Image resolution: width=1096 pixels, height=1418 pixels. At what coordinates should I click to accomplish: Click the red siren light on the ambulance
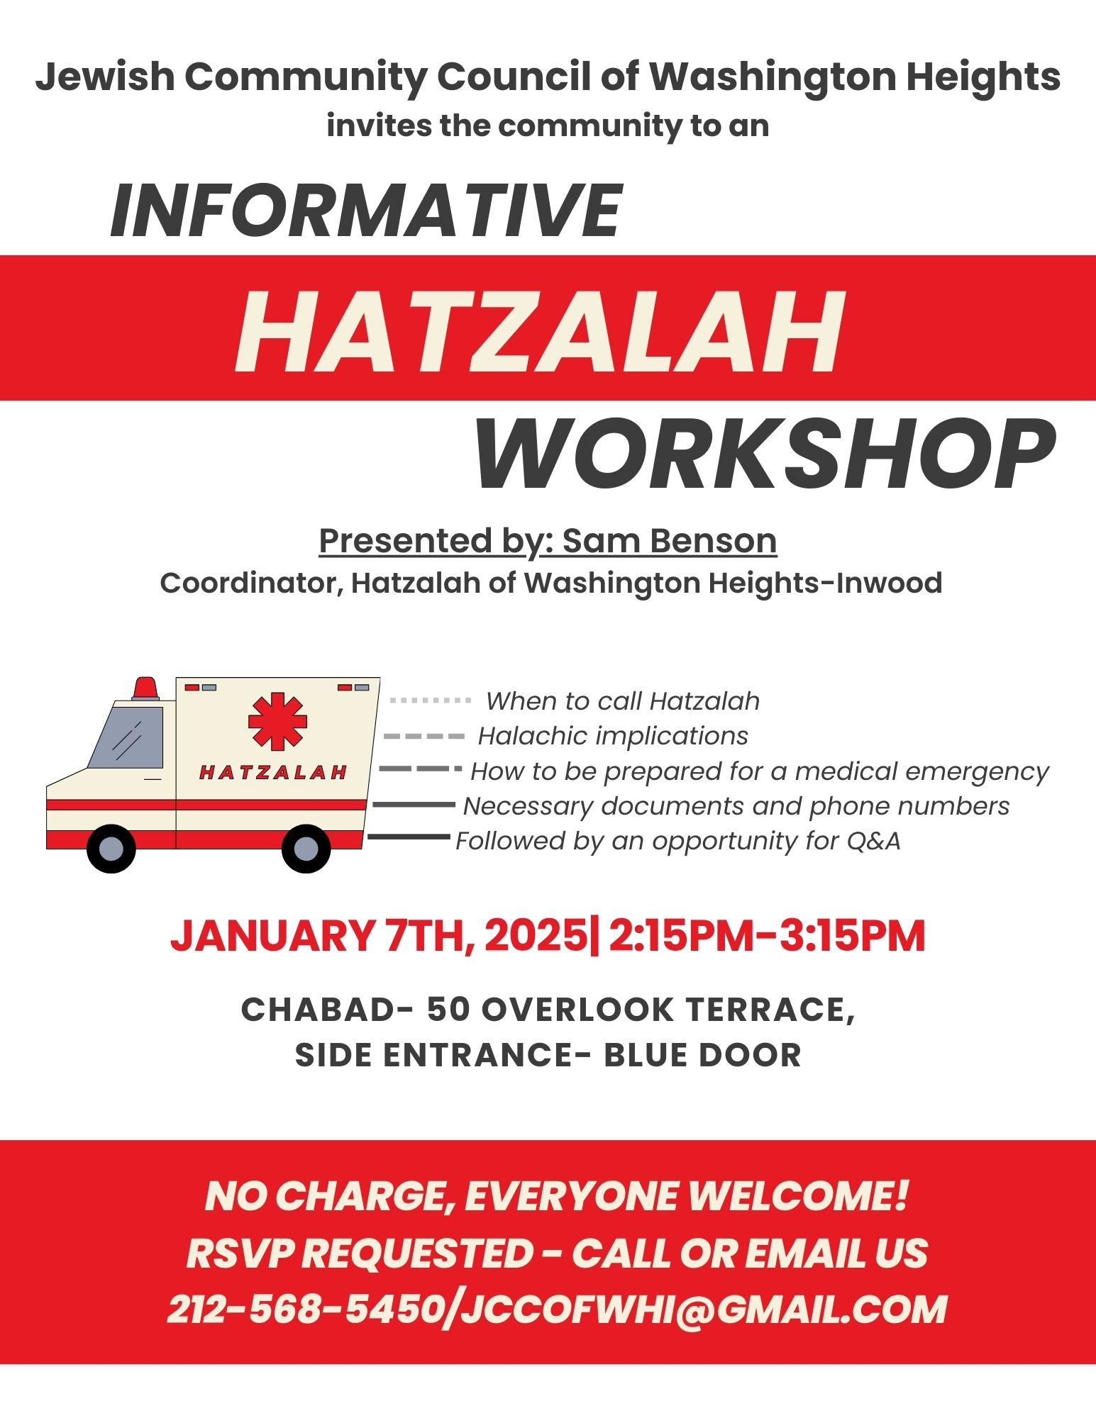(x=145, y=688)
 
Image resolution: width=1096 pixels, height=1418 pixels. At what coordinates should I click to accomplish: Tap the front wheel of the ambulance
(x=111, y=848)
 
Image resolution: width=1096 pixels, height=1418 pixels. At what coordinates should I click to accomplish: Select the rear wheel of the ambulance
(x=306, y=848)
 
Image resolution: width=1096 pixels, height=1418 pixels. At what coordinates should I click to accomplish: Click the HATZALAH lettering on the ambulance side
(x=273, y=772)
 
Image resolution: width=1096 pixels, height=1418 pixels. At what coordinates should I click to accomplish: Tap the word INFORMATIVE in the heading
(x=366, y=211)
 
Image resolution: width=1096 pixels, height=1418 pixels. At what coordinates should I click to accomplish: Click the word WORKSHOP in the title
(x=765, y=454)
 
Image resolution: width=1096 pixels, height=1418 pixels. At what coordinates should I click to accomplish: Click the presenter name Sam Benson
(x=670, y=541)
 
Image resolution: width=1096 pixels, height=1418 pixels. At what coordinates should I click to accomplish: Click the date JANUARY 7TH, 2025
(x=379, y=936)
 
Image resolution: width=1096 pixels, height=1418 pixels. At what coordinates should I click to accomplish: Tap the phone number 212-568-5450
(x=307, y=1309)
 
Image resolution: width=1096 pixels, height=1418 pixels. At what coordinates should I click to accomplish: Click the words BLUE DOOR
(x=702, y=1055)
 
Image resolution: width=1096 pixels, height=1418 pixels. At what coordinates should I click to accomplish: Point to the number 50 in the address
(x=448, y=1010)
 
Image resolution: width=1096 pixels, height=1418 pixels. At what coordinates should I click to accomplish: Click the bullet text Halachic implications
(x=613, y=736)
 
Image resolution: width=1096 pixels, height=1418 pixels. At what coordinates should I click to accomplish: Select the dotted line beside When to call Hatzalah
(x=431, y=700)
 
